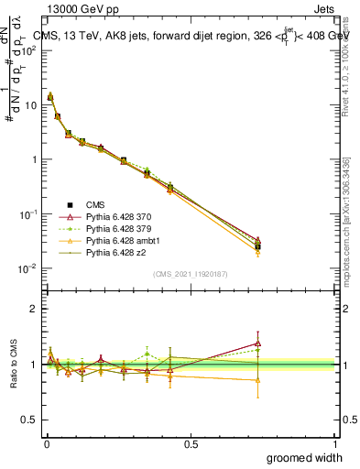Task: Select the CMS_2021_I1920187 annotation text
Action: [190, 274]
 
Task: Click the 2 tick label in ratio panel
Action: [33, 309]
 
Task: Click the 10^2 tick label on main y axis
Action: [28, 50]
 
